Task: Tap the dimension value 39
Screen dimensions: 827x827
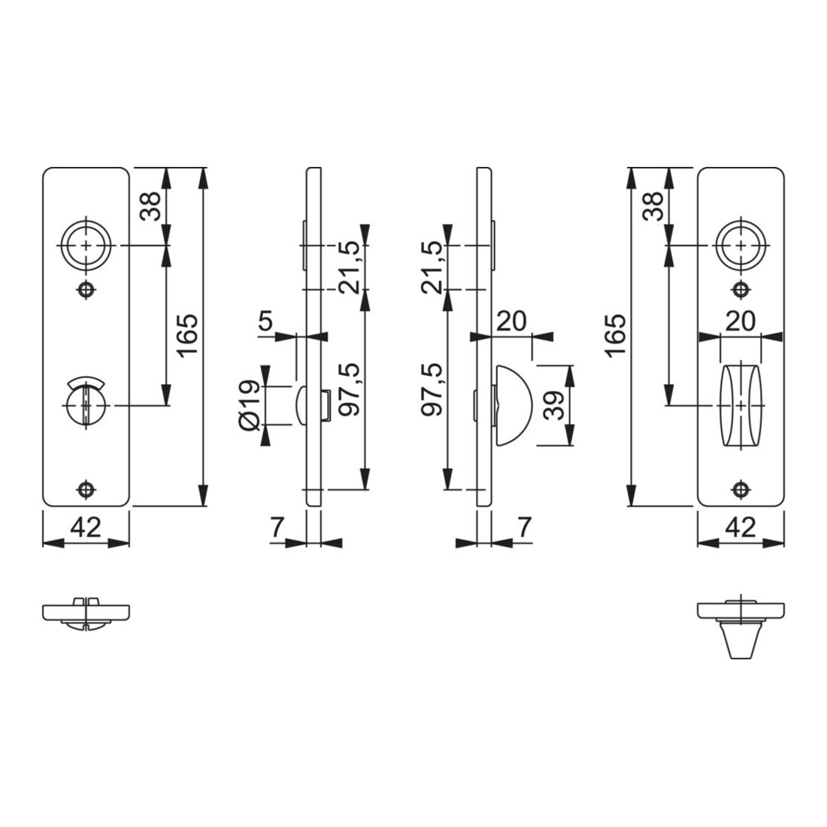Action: [x=553, y=405]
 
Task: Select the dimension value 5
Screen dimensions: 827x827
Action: [x=266, y=320]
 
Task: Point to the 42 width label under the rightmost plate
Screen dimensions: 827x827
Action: [x=741, y=527]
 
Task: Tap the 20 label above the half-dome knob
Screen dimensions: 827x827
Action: [x=511, y=321]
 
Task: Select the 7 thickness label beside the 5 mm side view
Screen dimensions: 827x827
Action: [x=277, y=527]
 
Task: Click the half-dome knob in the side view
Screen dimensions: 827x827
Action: [x=514, y=405]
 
